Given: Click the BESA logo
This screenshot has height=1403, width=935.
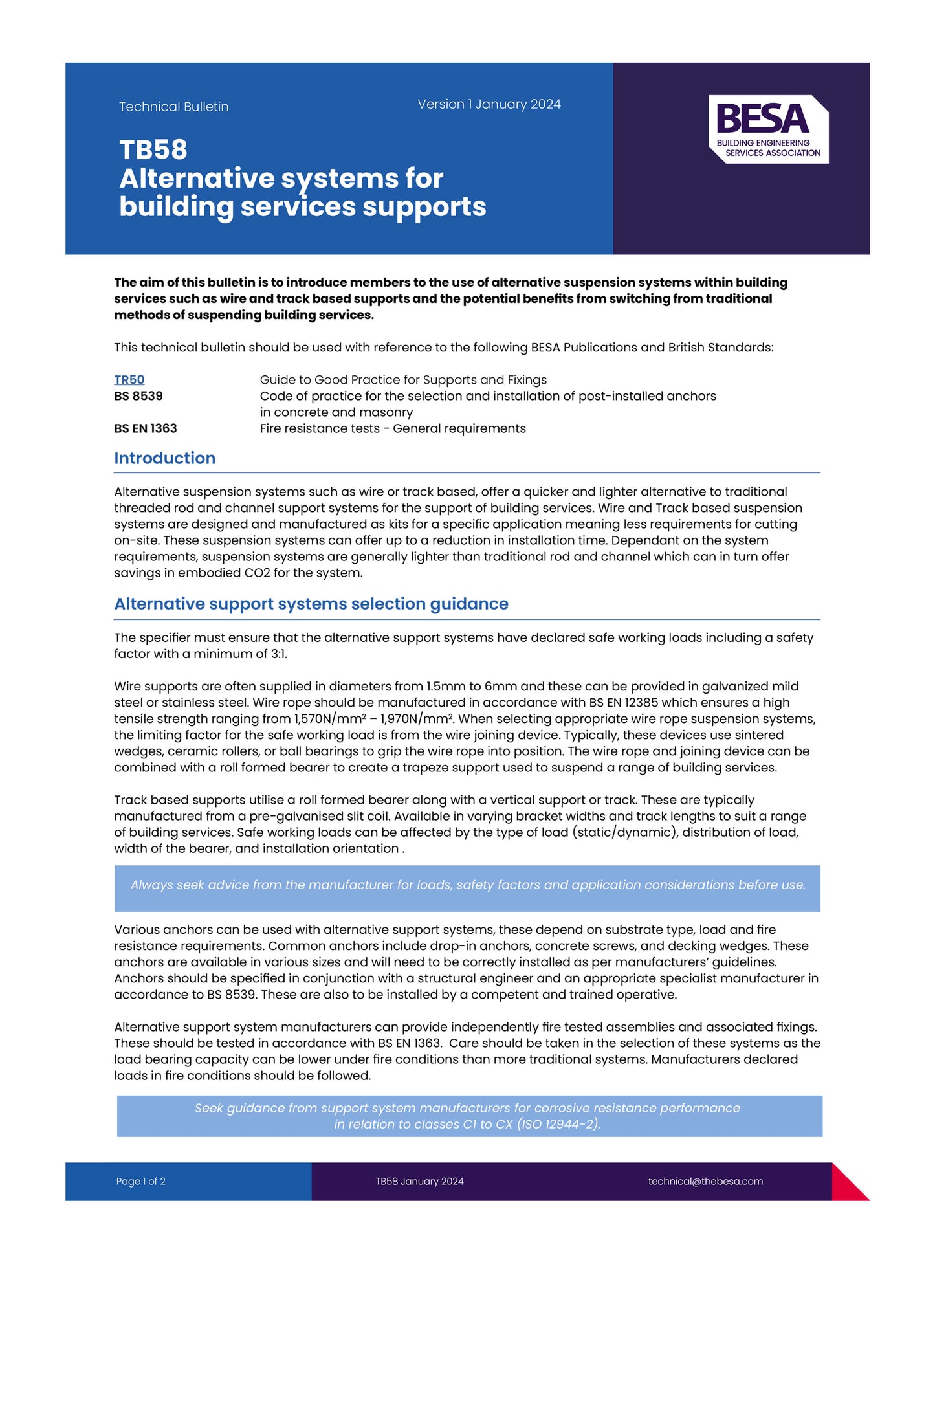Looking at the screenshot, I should click(768, 129).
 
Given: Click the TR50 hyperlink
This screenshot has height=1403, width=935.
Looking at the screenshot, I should click(129, 380).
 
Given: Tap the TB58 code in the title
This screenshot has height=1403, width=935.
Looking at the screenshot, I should click(153, 150).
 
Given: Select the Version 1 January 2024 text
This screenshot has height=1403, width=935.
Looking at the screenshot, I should click(489, 104).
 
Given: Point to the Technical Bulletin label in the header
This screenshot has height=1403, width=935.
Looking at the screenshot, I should click(173, 107).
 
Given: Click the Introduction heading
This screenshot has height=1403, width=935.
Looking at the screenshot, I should click(164, 458).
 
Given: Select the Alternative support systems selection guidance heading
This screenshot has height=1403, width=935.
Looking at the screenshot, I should click(311, 604).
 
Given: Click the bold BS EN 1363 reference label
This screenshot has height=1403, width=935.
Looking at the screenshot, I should click(146, 428).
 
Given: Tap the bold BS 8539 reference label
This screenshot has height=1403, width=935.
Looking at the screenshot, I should click(138, 396).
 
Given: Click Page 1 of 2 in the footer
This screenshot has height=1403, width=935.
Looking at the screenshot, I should click(140, 1181).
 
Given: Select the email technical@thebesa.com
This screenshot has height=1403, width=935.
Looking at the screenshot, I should click(705, 1181).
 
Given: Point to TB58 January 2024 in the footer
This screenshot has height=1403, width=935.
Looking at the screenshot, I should click(419, 1181).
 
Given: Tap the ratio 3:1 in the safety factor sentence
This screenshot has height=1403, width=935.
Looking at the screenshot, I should click(278, 654).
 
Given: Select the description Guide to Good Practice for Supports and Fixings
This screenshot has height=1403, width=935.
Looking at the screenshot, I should click(403, 380).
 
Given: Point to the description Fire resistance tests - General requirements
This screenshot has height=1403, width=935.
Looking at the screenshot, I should click(393, 428).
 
